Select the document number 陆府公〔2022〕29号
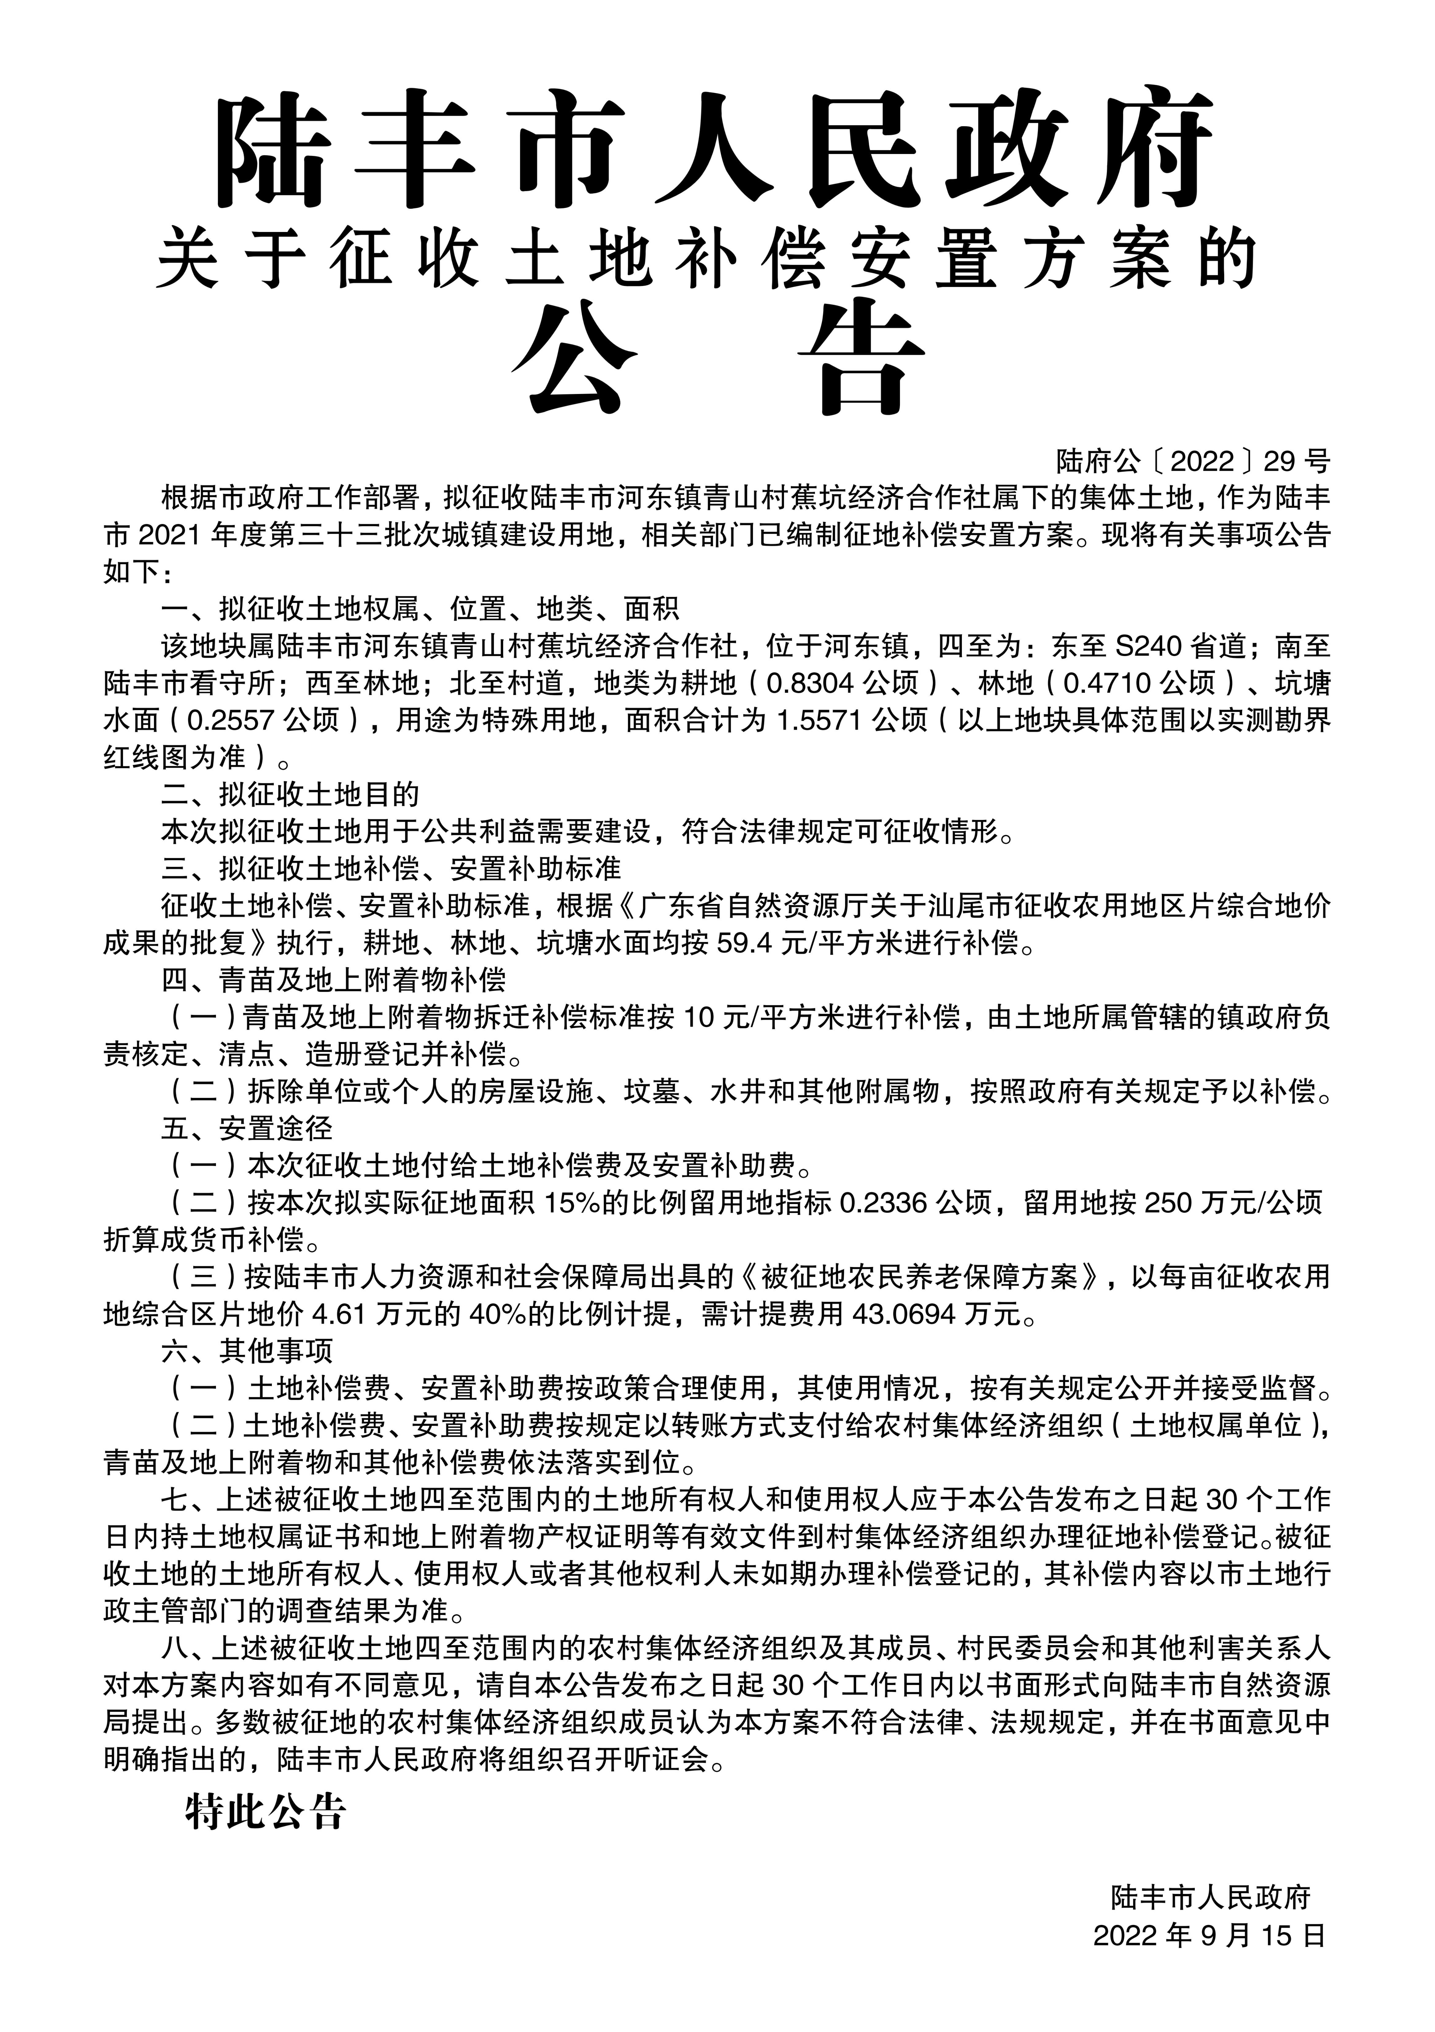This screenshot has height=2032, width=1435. (1193, 461)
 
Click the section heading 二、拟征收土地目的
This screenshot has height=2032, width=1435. (290, 795)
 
